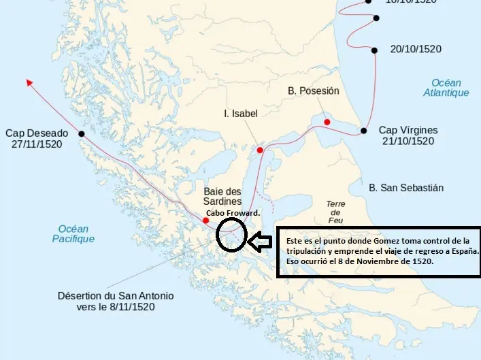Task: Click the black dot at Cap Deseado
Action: click(82, 134)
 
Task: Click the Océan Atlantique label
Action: click(446, 87)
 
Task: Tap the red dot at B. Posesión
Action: click(327, 122)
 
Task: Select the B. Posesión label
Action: click(313, 91)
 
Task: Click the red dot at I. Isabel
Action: click(260, 150)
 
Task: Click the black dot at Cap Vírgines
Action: click(364, 131)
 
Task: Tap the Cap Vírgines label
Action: click(408, 130)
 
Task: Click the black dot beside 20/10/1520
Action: click(374, 50)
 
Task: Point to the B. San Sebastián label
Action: click(405, 187)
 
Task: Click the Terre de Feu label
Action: click(336, 212)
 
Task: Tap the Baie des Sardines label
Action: click(222, 196)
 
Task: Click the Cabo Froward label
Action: click(233, 213)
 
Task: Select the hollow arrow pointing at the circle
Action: click(259, 240)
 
